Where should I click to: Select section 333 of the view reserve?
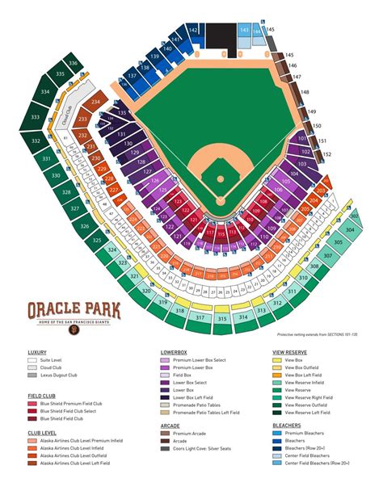pos(35,118)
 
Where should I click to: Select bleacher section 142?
pos(193,30)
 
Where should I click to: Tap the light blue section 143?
pos(244,30)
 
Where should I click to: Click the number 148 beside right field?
pos(305,92)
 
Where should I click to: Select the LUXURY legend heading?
pos(37,353)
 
